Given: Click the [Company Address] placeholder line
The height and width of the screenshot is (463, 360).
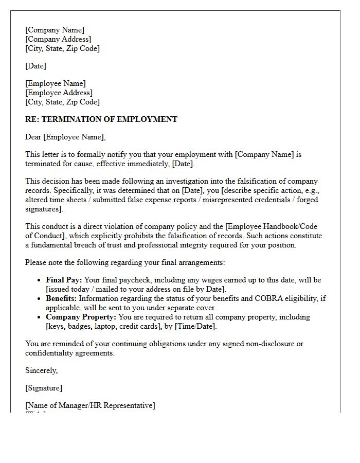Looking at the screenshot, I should [x=58, y=39].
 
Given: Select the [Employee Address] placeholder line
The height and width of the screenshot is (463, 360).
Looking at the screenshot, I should [x=59, y=93].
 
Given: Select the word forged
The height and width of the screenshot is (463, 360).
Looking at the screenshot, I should [x=308, y=200].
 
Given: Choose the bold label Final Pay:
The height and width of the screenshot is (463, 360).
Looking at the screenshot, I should [x=64, y=280].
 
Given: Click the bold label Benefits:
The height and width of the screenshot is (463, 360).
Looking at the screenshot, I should [x=62, y=298].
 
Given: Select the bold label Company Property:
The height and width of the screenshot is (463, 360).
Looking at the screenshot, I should [x=81, y=317].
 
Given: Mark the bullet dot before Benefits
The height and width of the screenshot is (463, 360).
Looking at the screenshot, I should [x=40, y=299].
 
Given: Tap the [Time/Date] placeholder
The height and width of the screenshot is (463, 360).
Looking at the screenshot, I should [x=194, y=326].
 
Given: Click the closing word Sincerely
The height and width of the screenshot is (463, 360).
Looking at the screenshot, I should [x=41, y=370].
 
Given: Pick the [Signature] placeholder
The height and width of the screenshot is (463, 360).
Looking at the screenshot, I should [x=44, y=388].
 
